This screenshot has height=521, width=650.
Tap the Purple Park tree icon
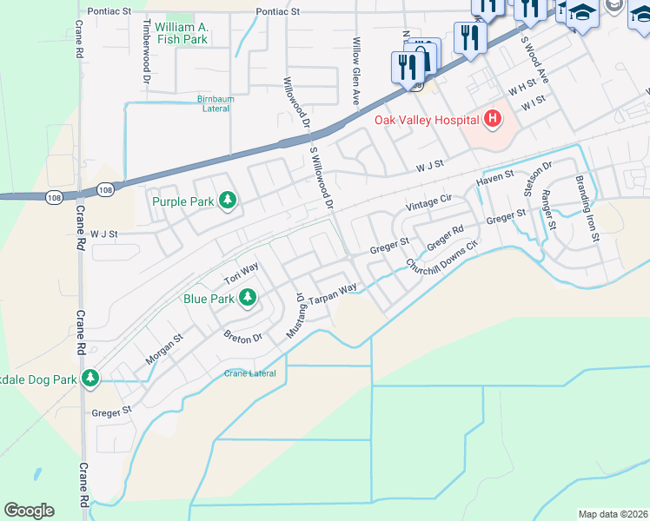point(228,201)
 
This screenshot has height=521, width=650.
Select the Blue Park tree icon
point(248,299)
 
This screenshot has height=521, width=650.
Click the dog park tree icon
point(90,378)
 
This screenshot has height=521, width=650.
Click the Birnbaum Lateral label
point(216,103)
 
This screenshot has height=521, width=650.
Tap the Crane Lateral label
point(250,373)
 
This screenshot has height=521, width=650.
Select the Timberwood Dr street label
point(146,51)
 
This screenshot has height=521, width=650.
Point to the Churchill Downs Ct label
point(442,254)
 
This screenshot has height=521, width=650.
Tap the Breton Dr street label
point(242,336)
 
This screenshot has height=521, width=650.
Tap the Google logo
point(29,510)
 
